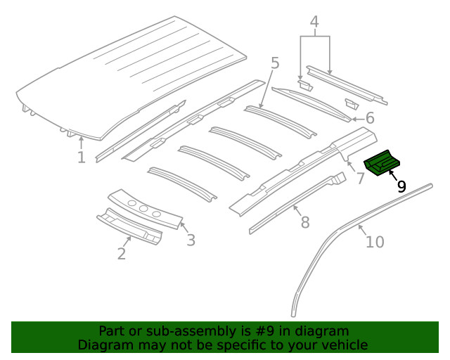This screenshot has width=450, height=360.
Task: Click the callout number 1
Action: point(82,157)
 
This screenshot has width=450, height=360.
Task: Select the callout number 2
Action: point(122,253)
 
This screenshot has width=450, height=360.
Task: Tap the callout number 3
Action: point(191,240)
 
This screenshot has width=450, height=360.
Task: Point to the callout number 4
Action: point(315,22)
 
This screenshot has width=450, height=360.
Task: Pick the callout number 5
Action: point(275,63)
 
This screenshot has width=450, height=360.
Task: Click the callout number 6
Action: point(370,118)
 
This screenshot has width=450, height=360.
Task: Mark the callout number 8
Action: point(304,222)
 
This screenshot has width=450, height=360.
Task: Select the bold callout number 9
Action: point(401,186)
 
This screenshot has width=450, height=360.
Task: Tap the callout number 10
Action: point(375,242)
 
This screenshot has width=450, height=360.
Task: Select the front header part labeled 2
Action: point(130,229)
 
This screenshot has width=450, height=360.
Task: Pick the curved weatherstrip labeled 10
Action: point(316,253)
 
